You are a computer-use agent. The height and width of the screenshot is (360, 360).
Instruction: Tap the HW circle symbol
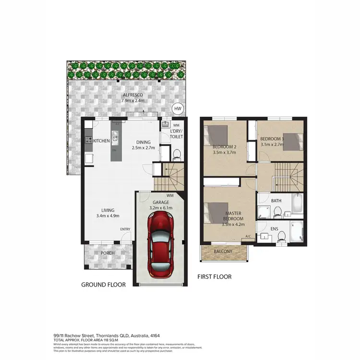(178, 109)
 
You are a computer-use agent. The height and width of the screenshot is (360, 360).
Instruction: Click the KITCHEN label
(102, 141)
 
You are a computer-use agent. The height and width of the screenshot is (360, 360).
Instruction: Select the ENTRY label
(125, 229)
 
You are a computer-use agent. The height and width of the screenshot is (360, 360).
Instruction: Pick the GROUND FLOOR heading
(103, 285)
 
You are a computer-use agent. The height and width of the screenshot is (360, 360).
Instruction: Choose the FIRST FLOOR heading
(215, 277)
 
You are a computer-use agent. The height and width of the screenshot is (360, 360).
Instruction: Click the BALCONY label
(223, 251)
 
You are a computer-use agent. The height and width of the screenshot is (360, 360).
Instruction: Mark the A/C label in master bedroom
(248, 236)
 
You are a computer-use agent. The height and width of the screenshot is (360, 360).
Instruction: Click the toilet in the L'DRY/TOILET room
(176, 154)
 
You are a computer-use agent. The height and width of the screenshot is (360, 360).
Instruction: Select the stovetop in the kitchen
(89, 141)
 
